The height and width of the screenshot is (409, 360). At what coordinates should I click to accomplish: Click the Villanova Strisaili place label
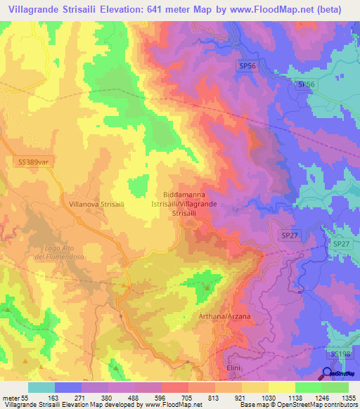[97, 203]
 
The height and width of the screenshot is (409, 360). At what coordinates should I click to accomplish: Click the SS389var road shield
[32, 162]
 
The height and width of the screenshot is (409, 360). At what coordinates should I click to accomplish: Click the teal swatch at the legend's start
[41, 387]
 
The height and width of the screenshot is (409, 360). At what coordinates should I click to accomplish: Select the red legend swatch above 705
[175, 387]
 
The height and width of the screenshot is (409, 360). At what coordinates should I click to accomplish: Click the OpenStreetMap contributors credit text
[312, 405]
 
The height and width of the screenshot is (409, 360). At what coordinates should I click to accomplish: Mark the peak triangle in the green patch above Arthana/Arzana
[207, 287]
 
